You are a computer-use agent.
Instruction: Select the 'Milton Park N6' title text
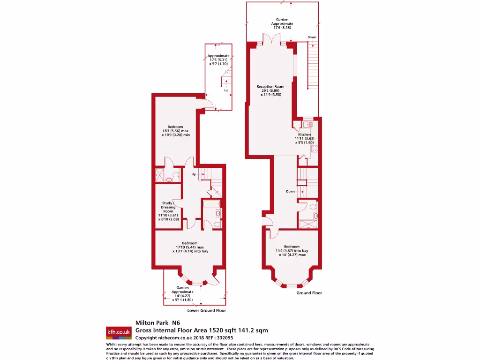tap(157, 322)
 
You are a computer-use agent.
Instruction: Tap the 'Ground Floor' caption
tap(309, 293)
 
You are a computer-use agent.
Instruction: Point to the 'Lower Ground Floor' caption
tap(206, 310)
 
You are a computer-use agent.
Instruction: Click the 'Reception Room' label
tap(270, 87)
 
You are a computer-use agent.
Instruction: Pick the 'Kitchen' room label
tap(305, 135)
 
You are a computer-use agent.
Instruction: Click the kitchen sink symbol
tap(307, 124)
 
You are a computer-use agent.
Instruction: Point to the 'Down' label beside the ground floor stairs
tap(291, 192)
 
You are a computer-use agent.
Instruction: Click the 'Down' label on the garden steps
tap(312, 37)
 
